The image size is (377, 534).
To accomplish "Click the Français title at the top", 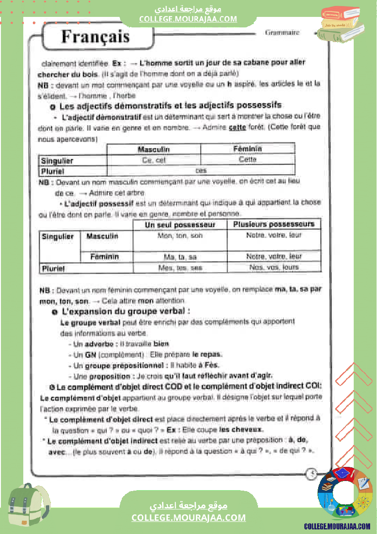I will click(x=95, y=37).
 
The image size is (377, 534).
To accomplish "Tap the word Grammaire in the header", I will click(x=282, y=32).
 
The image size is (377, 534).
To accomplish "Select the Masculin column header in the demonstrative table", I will click(x=153, y=149).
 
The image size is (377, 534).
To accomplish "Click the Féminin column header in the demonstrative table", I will click(x=247, y=149).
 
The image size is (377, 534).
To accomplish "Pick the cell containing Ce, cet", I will click(x=154, y=160).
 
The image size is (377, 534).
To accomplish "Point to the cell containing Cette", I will click(x=247, y=159).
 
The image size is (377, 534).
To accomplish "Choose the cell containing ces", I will click(x=201, y=170).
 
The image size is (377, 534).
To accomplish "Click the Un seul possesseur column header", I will click(x=180, y=225).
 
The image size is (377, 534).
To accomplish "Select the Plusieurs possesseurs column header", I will click(x=274, y=224).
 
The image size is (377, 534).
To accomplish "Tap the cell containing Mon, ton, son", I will click(x=180, y=236).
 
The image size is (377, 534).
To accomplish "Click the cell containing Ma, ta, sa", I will click(x=180, y=257).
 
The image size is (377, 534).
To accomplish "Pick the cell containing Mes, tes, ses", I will click(x=180, y=268).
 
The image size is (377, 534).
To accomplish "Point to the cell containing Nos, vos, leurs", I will click(x=274, y=268).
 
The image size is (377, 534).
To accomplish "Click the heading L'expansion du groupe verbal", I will click(x=126, y=311).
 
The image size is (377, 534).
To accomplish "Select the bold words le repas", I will click(x=207, y=354).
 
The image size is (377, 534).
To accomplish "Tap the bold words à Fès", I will click(x=209, y=365).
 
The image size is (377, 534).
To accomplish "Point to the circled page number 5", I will click(x=312, y=474).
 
